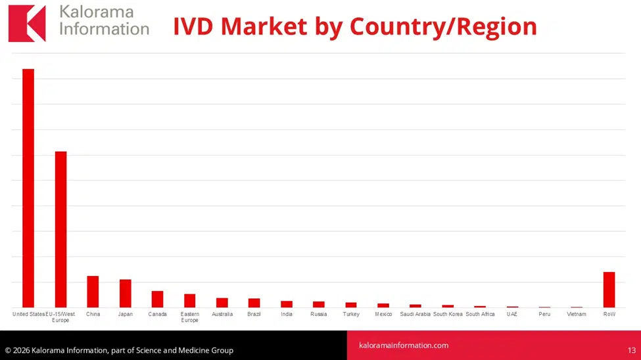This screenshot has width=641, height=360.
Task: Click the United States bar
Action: [x=28, y=188]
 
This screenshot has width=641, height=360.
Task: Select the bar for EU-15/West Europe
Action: [x=60, y=229]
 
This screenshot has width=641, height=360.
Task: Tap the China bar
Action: [x=93, y=292]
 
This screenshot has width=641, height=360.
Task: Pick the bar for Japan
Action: [x=125, y=294]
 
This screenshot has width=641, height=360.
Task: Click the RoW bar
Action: [x=609, y=290]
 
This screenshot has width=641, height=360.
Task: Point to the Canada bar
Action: [x=157, y=299]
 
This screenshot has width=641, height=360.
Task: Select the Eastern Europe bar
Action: [x=189, y=301]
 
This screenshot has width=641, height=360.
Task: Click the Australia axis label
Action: [x=222, y=314]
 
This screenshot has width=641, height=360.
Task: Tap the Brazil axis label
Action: [x=254, y=314]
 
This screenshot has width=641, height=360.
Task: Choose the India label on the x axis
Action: [x=287, y=314]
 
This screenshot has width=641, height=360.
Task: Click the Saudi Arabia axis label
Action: [x=415, y=314]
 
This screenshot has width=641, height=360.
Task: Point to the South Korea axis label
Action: [x=448, y=314]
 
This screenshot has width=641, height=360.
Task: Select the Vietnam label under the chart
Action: [x=576, y=314]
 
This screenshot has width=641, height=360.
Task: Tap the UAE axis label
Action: [x=512, y=314]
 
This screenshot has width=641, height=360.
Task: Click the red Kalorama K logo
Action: [x=27, y=24]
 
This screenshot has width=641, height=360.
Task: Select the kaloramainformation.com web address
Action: [x=404, y=345]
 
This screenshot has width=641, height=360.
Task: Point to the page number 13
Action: [x=631, y=350]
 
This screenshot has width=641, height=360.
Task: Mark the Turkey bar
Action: [x=351, y=305]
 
